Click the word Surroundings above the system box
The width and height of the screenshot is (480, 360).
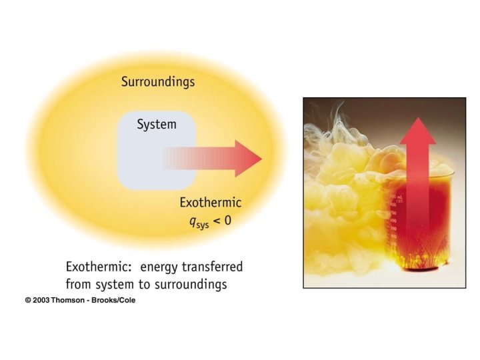coord(158,82)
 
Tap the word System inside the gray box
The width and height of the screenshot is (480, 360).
coord(156,125)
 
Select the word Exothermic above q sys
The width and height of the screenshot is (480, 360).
coord(210,202)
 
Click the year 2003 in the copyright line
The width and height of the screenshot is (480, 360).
coord(41,301)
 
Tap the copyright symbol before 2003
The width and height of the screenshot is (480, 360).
coord(28,301)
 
